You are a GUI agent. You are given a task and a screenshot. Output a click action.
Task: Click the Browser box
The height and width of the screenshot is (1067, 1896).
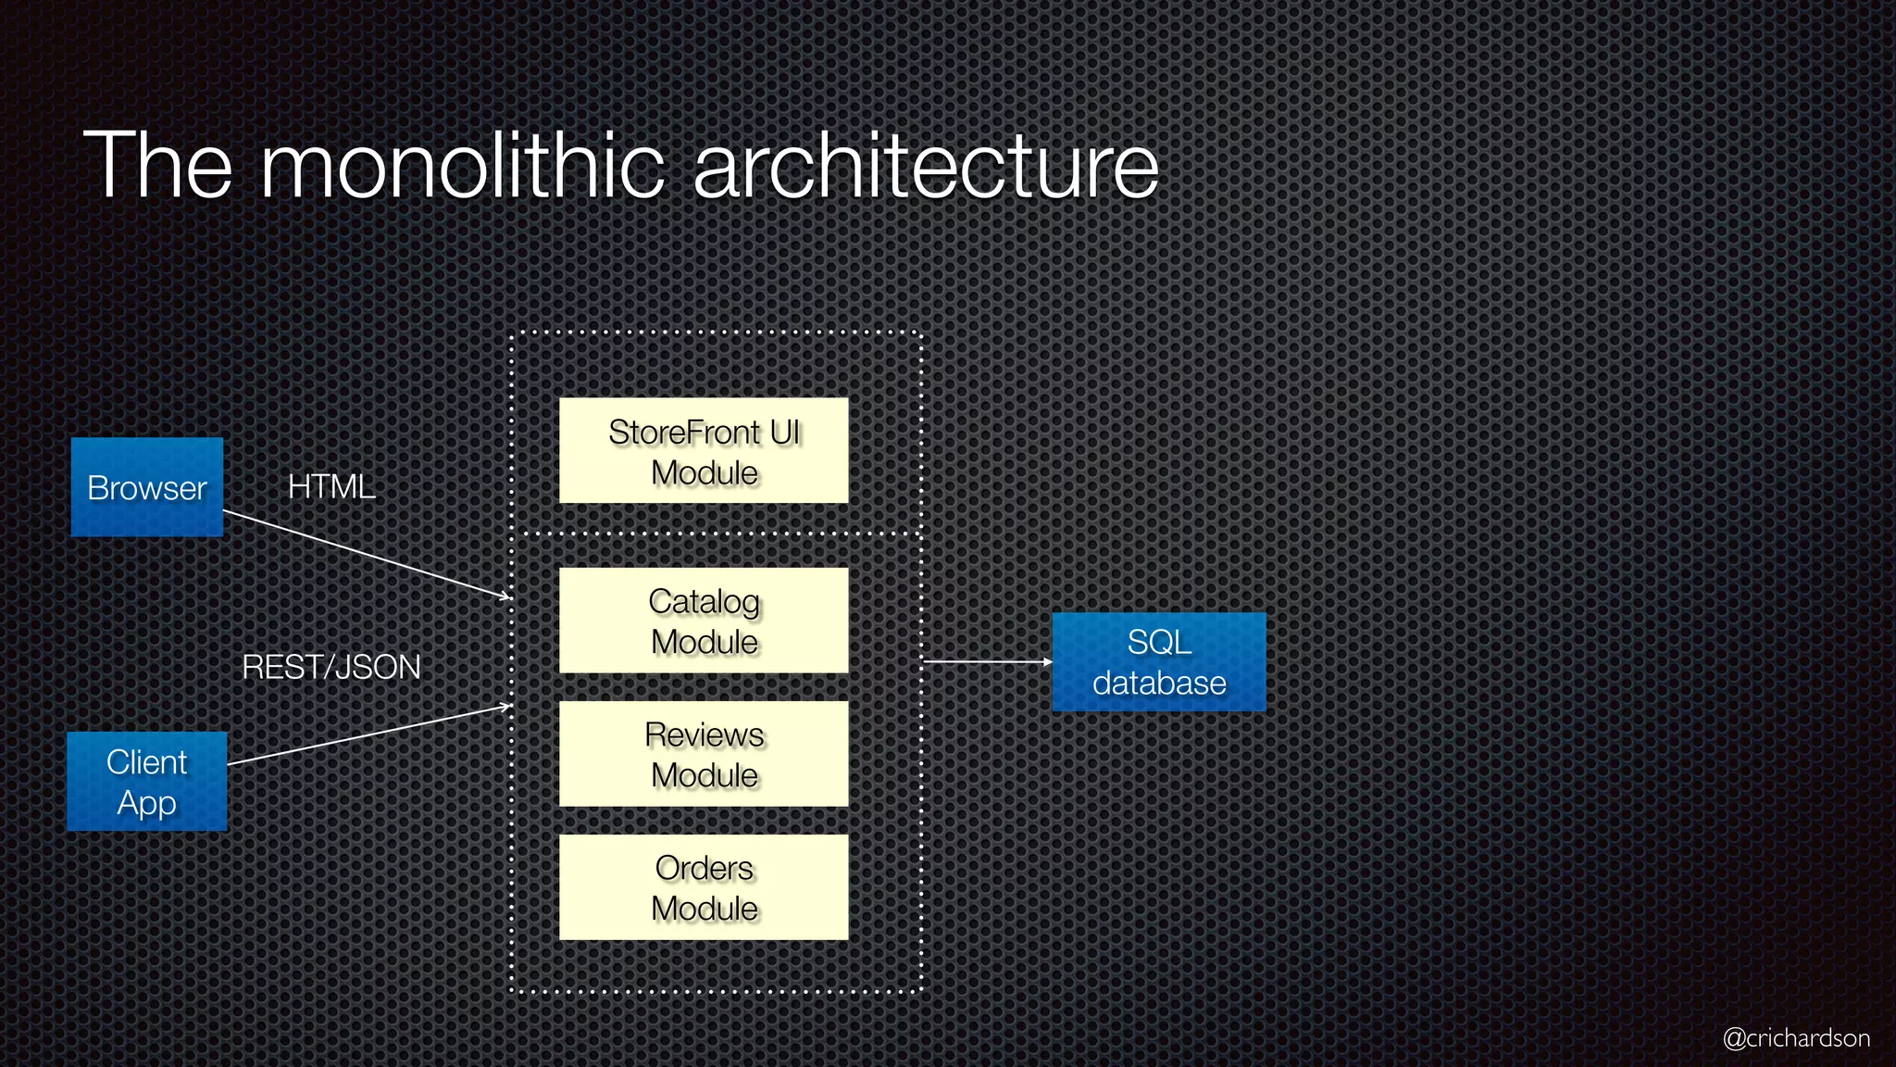pyautogui.click(x=147, y=486)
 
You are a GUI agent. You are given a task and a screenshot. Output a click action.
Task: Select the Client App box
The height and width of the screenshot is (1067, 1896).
pyautogui.click(x=147, y=781)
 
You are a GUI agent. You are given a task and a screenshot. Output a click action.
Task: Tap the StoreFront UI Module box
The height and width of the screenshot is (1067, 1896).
pyautogui.click(x=704, y=451)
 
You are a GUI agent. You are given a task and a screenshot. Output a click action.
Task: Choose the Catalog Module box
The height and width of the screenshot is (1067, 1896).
pyautogui.click(x=704, y=621)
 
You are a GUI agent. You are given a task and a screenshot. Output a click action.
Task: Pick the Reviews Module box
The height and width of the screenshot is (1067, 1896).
pyautogui.click(x=704, y=754)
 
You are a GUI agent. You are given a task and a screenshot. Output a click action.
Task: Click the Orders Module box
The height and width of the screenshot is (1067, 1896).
pyautogui.click(x=704, y=887)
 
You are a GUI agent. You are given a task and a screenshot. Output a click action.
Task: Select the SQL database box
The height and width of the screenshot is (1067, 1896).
pyautogui.click(x=1159, y=661)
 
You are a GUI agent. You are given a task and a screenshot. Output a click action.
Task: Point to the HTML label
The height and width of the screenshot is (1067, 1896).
pyautogui.click(x=331, y=487)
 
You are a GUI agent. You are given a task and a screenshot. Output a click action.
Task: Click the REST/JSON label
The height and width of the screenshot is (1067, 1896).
pyautogui.click(x=331, y=667)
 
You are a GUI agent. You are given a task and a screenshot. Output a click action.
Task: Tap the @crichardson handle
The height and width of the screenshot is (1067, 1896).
pyautogui.click(x=1796, y=1037)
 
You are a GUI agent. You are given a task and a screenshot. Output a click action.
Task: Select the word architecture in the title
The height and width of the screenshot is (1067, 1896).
pyautogui.click(x=926, y=167)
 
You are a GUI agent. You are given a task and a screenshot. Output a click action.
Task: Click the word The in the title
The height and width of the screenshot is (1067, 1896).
pyautogui.click(x=157, y=167)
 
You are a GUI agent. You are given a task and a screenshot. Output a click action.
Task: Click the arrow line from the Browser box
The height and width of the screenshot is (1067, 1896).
pyautogui.click(x=367, y=554)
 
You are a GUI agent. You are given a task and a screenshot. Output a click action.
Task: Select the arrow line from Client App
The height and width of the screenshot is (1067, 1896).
pyautogui.click(x=368, y=735)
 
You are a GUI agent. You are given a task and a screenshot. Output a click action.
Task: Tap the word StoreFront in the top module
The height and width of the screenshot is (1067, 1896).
pyautogui.click(x=684, y=433)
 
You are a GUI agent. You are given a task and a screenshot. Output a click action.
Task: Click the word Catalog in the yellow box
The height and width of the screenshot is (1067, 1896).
pyautogui.click(x=704, y=602)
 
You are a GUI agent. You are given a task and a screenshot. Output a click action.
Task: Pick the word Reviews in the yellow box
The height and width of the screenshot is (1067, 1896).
pyautogui.click(x=704, y=735)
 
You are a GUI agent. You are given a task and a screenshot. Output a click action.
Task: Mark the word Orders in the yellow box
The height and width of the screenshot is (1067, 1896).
pyautogui.click(x=704, y=869)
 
